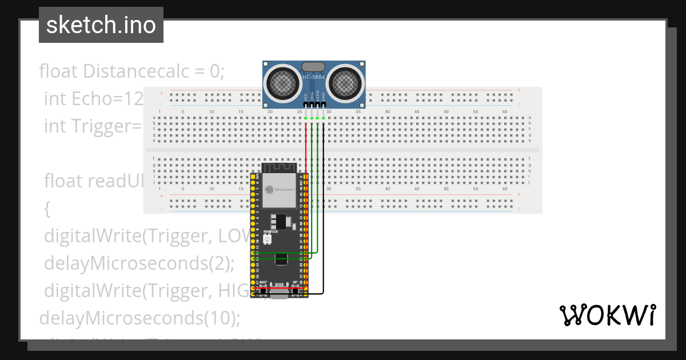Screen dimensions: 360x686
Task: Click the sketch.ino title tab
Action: [101, 25]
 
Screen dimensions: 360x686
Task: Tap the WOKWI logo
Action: [607, 315]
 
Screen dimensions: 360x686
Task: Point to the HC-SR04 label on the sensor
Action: [314, 77]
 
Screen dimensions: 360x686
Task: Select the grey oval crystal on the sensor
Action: [314, 67]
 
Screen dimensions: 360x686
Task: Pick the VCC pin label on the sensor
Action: [306, 98]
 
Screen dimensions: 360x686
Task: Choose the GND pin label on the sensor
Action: [324, 98]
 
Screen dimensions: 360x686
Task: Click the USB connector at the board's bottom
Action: [281, 293]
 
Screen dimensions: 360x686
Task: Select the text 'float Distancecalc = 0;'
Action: [132, 71]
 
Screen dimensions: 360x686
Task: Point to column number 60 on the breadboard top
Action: [504, 111]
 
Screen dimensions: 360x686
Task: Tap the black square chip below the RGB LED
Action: [281, 258]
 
